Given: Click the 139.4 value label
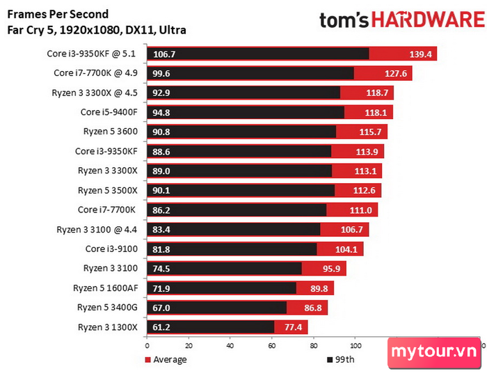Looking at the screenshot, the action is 420,54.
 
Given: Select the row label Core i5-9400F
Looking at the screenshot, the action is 109,112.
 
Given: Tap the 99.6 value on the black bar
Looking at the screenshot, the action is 161,74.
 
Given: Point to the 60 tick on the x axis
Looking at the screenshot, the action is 272,345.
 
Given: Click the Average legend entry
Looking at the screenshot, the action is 166,359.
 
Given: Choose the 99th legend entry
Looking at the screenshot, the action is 341,359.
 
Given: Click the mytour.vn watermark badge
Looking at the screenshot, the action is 434,352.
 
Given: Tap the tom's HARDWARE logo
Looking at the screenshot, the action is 402,20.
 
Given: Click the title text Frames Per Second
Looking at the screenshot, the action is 58,15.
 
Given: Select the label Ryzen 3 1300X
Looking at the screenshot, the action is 107,327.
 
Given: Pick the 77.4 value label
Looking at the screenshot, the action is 293,327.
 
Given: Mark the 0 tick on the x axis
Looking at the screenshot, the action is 147,345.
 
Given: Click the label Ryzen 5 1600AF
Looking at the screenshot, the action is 106,288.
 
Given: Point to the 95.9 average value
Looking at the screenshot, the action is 331,269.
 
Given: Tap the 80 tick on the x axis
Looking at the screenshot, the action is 314,345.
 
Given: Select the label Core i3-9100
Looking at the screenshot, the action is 111,249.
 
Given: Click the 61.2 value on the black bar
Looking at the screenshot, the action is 161,327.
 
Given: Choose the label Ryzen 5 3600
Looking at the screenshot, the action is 111,132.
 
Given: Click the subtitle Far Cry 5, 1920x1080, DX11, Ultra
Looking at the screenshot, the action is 97,30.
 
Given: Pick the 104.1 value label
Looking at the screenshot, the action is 346,249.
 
